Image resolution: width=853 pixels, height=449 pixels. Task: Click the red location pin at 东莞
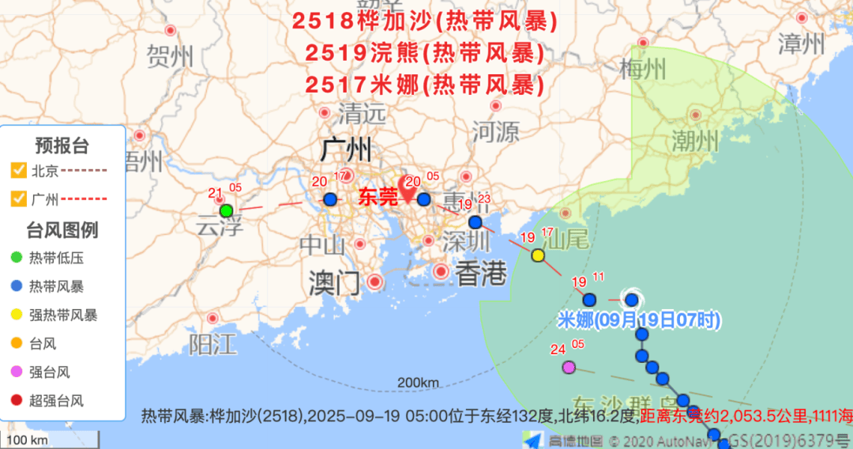coord(408,188)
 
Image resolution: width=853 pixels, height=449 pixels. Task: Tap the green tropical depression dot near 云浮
coord(226,210)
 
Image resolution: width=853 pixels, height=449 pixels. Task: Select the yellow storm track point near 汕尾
coord(538,255)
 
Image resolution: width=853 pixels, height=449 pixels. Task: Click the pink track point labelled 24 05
coord(569,367)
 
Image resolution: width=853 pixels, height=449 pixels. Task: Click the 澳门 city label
coord(334,282)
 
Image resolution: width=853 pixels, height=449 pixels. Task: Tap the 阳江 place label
coord(212,344)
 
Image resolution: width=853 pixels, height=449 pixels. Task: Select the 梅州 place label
coord(643,69)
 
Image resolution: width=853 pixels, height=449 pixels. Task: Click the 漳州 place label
coord(801,43)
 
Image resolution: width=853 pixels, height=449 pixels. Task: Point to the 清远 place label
coord(363,113)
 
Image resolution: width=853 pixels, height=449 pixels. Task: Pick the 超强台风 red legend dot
coord(17,400)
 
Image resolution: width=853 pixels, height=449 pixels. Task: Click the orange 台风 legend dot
coord(17,343)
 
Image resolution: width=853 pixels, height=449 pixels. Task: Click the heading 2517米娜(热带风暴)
coord(425,83)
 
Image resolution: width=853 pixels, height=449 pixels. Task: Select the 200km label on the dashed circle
coord(418,383)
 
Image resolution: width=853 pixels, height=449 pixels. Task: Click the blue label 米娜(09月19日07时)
coord(638,320)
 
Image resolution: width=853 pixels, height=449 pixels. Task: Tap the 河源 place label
coord(495,131)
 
